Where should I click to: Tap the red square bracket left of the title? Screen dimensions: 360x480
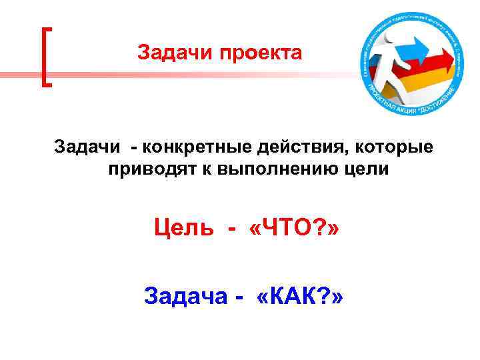point(47,56)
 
